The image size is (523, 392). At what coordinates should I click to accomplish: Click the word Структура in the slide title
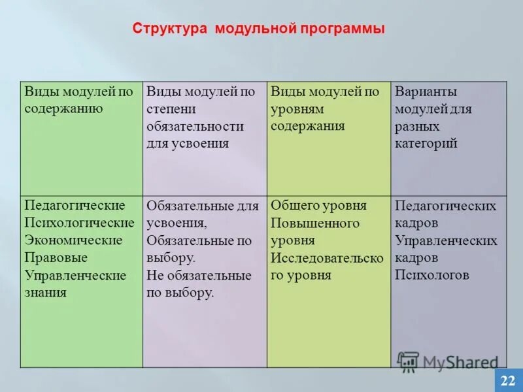pos(169,29)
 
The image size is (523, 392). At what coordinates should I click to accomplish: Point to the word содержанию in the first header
pos(63,108)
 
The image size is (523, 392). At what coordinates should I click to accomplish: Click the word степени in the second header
pos(170,108)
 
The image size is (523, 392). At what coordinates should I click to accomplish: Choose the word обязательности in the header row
pos(195,126)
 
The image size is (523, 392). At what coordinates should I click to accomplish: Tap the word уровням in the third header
pos(299,108)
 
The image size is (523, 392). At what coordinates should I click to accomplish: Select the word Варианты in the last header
pos(426,91)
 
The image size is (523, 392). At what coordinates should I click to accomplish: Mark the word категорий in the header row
pos(426,143)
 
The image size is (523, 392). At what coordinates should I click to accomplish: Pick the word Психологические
pos(79,223)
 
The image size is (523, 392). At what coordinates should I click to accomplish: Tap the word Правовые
pos(56,257)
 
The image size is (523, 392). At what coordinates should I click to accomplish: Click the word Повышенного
pos(315,223)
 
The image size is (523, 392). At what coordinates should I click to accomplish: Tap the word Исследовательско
pos(327,257)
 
